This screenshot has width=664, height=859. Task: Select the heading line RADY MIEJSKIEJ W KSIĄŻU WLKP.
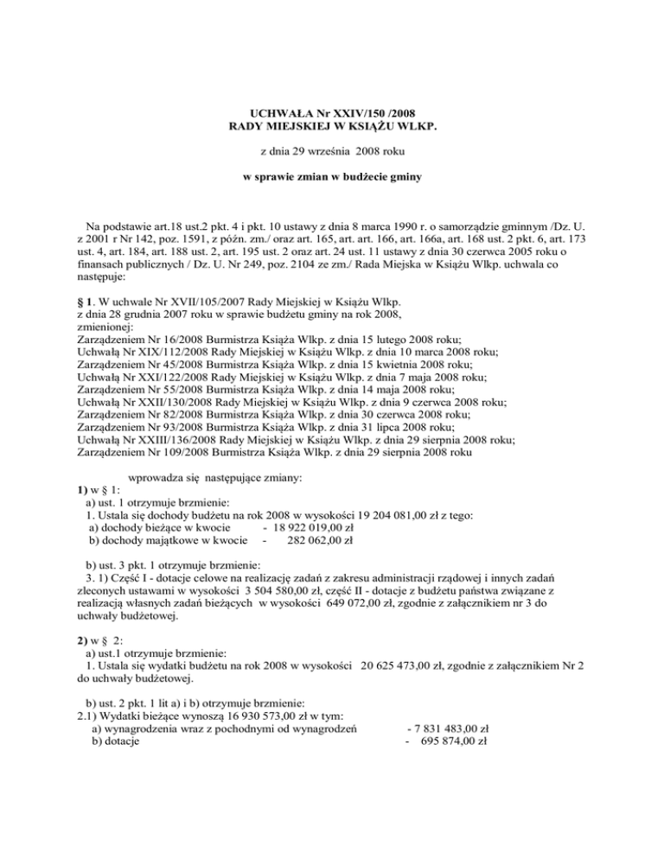click(x=331, y=127)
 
